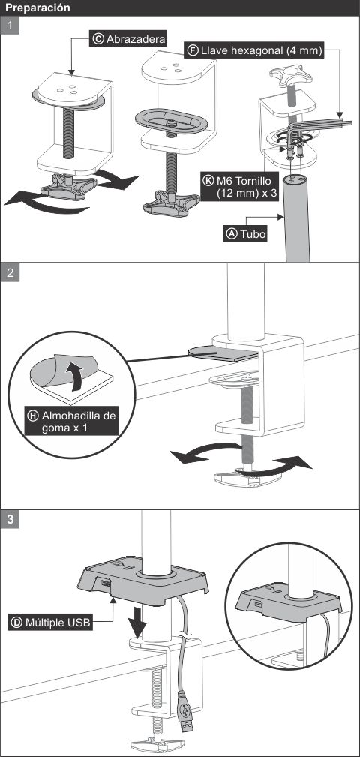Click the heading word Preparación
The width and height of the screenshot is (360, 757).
tap(37, 8)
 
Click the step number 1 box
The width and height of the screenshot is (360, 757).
tap(10, 25)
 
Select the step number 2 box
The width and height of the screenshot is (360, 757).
tap(10, 272)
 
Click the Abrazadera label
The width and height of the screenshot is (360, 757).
tap(128, 39)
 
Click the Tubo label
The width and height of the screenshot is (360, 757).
tap(246, 233)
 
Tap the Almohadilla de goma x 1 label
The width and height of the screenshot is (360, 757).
tap(72, 422)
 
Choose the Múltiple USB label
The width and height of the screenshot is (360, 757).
tap(49, 622)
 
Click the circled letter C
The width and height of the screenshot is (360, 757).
tap(98, 39)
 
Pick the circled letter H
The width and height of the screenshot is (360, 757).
tap(33, 416)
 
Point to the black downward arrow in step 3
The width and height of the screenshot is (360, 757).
tap(140, 621)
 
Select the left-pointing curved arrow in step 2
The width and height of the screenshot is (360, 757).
tap(206, 453)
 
